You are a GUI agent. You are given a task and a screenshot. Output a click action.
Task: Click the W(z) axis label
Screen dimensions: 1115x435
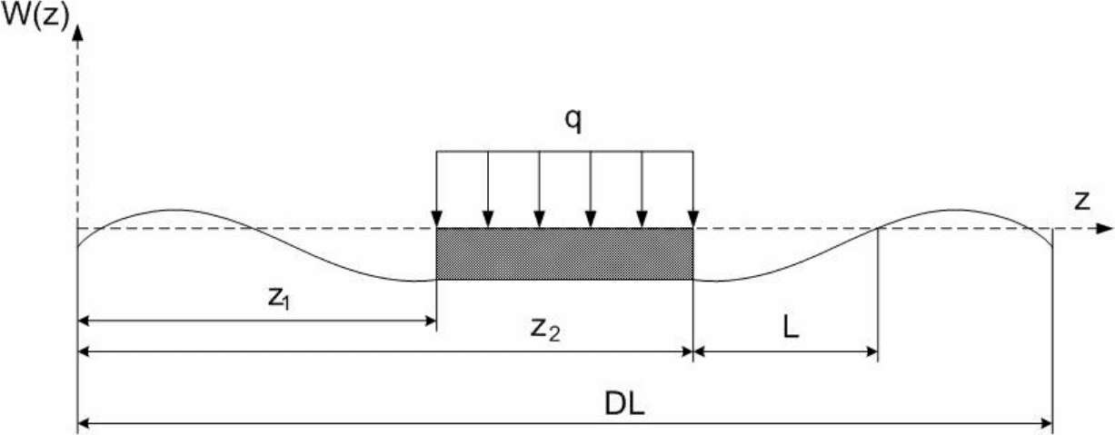coord(35,17)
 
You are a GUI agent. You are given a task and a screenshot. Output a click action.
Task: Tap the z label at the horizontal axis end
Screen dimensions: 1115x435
coord(1082,201)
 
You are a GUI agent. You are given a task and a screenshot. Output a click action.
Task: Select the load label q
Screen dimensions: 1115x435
coord(572,121)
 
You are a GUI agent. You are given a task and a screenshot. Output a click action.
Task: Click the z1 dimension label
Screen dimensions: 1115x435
coord(279,299)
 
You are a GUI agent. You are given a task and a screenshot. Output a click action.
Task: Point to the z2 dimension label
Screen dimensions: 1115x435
coord(545,330)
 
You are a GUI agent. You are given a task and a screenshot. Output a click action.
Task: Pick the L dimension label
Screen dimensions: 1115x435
coord(791,328)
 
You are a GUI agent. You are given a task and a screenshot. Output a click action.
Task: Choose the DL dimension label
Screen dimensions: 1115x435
coord(624,404)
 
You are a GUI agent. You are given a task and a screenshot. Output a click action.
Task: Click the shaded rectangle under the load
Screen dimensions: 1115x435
coord(564,254)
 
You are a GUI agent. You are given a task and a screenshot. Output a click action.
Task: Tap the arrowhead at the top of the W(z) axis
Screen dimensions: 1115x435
coord(77,33)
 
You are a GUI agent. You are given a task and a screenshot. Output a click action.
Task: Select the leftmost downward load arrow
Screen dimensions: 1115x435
coord(436,189)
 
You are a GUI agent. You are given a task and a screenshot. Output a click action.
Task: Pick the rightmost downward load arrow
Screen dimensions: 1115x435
coord(693,189)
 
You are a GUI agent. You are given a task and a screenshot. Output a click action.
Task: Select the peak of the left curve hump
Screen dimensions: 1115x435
coord(174,210)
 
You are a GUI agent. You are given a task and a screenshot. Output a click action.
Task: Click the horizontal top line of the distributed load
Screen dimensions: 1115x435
coord(564,152)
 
